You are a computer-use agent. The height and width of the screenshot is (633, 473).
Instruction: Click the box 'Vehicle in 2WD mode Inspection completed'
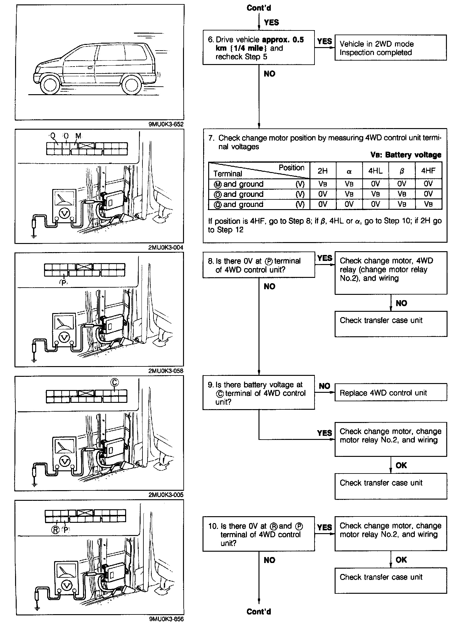pyautogui.click(x=390, y=48)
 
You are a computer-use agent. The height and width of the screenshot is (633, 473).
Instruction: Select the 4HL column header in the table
pyautogui.click(x=375, y=171)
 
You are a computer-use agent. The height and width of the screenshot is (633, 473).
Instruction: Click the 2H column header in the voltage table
pyautogui.click(x=323, y=171)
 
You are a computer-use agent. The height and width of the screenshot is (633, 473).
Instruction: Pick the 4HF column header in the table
pyautogui.click(x=428, y=171)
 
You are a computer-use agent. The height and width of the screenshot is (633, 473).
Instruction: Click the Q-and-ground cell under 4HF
pyautogui.click(x=428, y=204)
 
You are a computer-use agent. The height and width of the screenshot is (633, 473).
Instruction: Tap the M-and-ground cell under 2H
pyautogui.click(x=323, y=184)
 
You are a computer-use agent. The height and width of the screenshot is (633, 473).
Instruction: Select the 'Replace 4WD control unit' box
pyautogui.click(x=390, y=393)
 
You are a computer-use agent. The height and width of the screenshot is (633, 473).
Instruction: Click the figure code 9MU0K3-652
pyautogui.click(x=166, y=124)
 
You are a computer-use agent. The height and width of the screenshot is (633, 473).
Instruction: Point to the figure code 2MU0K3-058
pyautogui.click(x=166, y=371)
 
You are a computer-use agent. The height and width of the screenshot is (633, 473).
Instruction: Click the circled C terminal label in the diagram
pyautogui.click(x=114, y=382)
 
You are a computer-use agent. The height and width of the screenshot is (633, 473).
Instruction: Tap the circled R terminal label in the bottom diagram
pyautogui.click(x=56, y=530)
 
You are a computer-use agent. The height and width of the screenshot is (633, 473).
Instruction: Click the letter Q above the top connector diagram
pyautogui.click(x=53, y=136)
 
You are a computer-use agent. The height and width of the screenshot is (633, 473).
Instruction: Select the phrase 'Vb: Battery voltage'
pyautogui.click(x=406, y=155)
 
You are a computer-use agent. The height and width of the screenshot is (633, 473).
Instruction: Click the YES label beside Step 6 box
pyautogui.click(x=324, y=41)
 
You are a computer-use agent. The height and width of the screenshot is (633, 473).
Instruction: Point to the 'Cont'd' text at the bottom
pyautogui.click(x=259, y=612)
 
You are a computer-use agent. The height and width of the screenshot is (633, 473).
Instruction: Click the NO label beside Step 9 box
pyautogui.click(x=324, y=386)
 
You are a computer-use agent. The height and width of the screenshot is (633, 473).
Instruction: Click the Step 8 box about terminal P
pyautogui.click(x=258, y=265)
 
